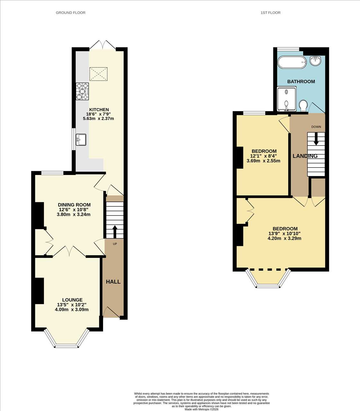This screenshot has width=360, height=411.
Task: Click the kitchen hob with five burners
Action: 82,92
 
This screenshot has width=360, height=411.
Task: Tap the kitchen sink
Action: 81,140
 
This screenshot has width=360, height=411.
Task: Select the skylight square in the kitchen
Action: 99,74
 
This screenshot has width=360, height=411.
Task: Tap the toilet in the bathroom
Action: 303,106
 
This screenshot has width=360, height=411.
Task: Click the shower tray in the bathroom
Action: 287,99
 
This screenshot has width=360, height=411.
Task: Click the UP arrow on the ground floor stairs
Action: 115,232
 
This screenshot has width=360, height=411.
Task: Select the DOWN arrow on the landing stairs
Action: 316,139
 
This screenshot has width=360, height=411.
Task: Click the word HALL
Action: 113,282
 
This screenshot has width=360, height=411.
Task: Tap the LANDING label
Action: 305,156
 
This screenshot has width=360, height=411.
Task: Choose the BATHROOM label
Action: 301,81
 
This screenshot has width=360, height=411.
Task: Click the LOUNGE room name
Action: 72,300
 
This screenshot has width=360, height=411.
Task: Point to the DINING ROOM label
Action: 74,205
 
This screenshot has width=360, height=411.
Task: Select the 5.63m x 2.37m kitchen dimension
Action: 99,118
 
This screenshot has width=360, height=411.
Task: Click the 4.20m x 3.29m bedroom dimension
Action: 285,239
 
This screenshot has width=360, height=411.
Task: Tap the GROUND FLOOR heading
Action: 71,13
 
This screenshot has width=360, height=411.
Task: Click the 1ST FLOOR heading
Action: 270,13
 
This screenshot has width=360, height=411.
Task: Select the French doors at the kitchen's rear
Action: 103,45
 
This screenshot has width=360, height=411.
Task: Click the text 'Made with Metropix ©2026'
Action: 201,409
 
